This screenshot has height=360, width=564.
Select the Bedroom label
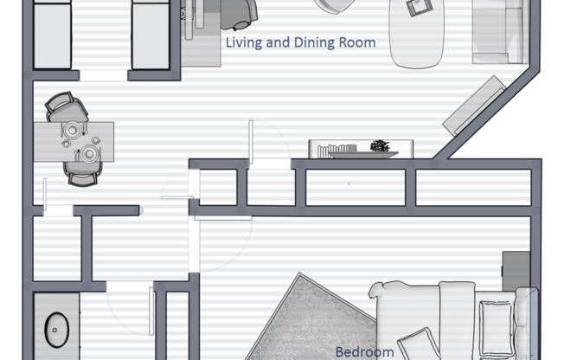coord(364,351)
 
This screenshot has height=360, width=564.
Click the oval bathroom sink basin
coord(56,330)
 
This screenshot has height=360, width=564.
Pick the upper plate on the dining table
coord(72,130)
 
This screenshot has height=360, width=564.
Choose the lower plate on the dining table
coord(89,154)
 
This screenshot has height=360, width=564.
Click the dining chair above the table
coord(67,107)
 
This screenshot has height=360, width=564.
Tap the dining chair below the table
coord(82,174)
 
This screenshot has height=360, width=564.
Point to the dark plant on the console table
coord(380,145)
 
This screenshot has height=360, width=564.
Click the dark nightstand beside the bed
coord(516,271)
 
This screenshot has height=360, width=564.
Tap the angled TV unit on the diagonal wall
coord(474,106)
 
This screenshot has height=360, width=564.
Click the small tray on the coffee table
coord(420,7)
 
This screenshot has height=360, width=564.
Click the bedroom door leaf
coord(223,218)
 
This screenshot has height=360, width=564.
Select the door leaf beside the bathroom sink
coord(151,311)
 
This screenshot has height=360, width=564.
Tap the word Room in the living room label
coord(357,43)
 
